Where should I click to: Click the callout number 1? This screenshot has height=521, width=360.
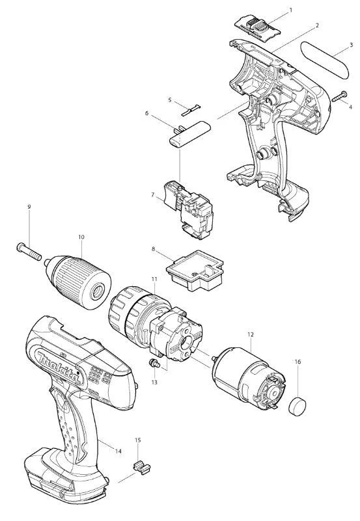pyautogui.click(x=291, y=10)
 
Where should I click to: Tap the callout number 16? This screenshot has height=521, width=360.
pyautogui.click(x=298, y=362)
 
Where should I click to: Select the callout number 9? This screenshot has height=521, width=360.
pyautogui.click(x=29, y=207)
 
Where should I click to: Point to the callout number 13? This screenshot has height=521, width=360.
pyautogui.click(x=154, y=382)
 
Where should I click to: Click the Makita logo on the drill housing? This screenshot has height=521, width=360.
pyautogui.click(x=59, y=369)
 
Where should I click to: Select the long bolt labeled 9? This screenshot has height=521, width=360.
pyautogui.click(x=29, y=252)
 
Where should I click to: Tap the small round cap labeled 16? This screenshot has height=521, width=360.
pyautogui.click(x=297, y=406)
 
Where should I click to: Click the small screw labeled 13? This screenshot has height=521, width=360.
pyautogui.click(x=154, y=363)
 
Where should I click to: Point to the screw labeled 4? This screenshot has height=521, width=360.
pyautogui.click(x=339, y=96)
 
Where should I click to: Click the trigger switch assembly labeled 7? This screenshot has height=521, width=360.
pyautogui.click(x=188, y=209)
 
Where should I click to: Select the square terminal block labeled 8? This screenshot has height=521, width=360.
pyautogui.click(x=195, y=270)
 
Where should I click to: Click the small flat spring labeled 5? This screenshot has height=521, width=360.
pyautogui.click(x=191, y=110)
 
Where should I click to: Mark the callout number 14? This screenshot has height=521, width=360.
pyautogui.click(x=118, y=451)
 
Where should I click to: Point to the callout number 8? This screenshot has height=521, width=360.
pyautogui.click(x=153, y=249)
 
